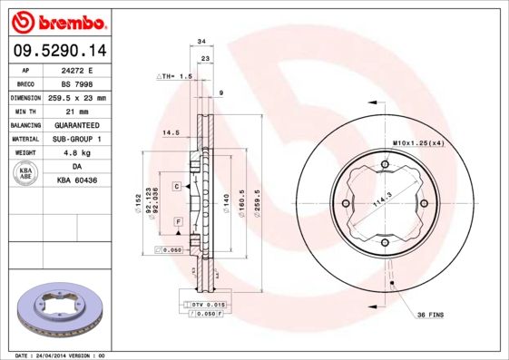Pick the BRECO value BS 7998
click(76, 83)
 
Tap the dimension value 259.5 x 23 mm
click(76, 97)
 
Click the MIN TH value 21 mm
click(76, 111)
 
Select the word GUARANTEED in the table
click(76, 124)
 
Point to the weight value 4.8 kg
click(76, 153)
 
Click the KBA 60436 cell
click(76, 181)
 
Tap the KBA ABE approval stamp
click(25, 175)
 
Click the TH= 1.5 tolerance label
click(176, 77)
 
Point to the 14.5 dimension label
click(169, 133)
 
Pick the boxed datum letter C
click(177, 185)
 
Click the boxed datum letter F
click(178, 222)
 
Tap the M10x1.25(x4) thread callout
click(418, 143)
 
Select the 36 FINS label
click(431, 314)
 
